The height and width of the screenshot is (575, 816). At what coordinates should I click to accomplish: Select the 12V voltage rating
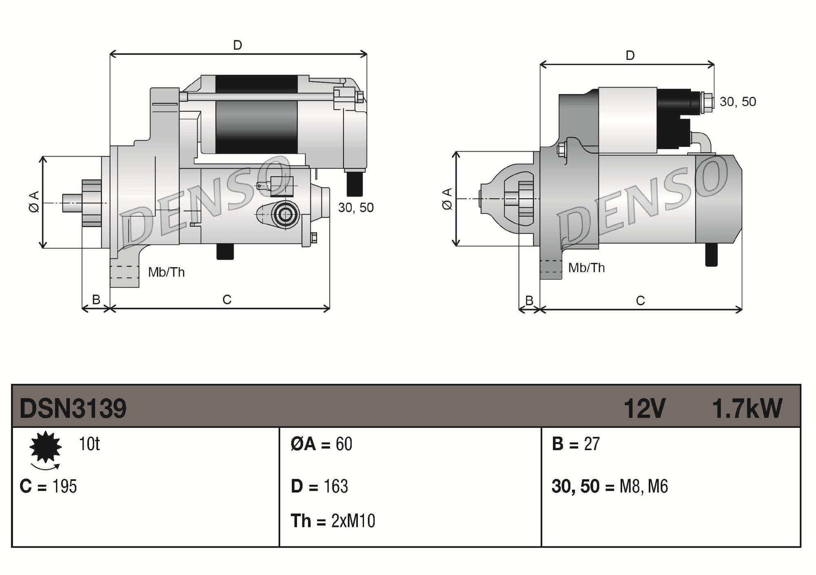tap(644, 408)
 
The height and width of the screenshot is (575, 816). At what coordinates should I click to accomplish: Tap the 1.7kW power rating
tap(747, 408)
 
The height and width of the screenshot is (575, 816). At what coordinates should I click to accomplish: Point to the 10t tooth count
tap(89, 444)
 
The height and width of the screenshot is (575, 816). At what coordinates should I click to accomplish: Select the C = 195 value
tap(48, 486)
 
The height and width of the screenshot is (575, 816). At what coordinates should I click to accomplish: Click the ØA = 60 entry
tap(321, 444)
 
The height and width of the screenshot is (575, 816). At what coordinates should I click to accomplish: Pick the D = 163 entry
tap(319, 486)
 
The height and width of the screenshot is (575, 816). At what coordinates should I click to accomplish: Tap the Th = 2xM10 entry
tap(333, 521)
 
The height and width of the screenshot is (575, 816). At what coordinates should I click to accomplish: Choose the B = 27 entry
tap(575, 444)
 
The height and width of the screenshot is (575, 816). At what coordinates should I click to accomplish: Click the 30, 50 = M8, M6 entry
tap(610, 486)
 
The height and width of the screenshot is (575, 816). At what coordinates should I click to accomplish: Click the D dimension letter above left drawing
tap(237, 45)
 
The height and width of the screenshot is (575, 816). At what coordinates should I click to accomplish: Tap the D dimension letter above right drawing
tap(630, 55)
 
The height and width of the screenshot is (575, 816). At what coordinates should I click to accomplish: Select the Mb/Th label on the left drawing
tap(166, 272)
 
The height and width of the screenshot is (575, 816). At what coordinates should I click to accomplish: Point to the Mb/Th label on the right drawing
tap(586, 268)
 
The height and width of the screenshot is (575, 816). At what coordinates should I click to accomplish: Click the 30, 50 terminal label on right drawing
tap(737, 102)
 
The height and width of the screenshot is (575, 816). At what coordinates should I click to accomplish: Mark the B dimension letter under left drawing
tap(96, 300)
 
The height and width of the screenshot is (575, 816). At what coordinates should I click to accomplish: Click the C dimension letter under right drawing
tap(640, 301)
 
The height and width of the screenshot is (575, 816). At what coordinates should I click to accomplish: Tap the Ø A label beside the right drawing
tap(447, 199)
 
